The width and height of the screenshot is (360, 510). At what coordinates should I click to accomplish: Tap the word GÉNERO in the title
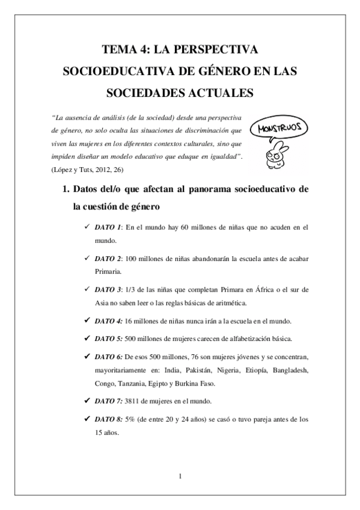click(216, 71)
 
